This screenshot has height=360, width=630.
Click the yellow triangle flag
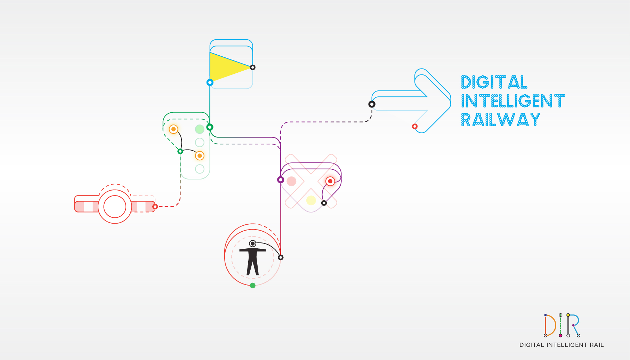coord(226,67)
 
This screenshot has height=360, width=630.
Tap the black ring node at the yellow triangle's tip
coord(253,67)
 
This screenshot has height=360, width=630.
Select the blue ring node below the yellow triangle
coord(210,82)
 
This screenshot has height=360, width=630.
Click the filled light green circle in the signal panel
coord(200,129)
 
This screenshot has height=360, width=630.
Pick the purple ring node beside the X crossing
coord(281,180)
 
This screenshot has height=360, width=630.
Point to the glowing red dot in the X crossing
coord(330,181)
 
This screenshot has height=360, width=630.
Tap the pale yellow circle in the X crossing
coord(311,200)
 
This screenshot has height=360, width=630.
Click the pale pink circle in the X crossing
coord(291,181)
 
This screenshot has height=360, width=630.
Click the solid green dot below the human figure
coord(253,286)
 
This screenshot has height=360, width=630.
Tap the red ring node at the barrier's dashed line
coord(155,207)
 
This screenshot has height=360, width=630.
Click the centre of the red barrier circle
coord(115,207)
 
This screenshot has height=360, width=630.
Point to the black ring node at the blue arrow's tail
coord(372,104)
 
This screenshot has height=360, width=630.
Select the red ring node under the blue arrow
coord(415,126)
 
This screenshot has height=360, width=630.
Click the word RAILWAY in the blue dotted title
coord(501,120)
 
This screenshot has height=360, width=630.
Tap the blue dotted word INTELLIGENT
coord(513,101)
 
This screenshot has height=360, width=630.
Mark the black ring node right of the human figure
coord(281,257)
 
